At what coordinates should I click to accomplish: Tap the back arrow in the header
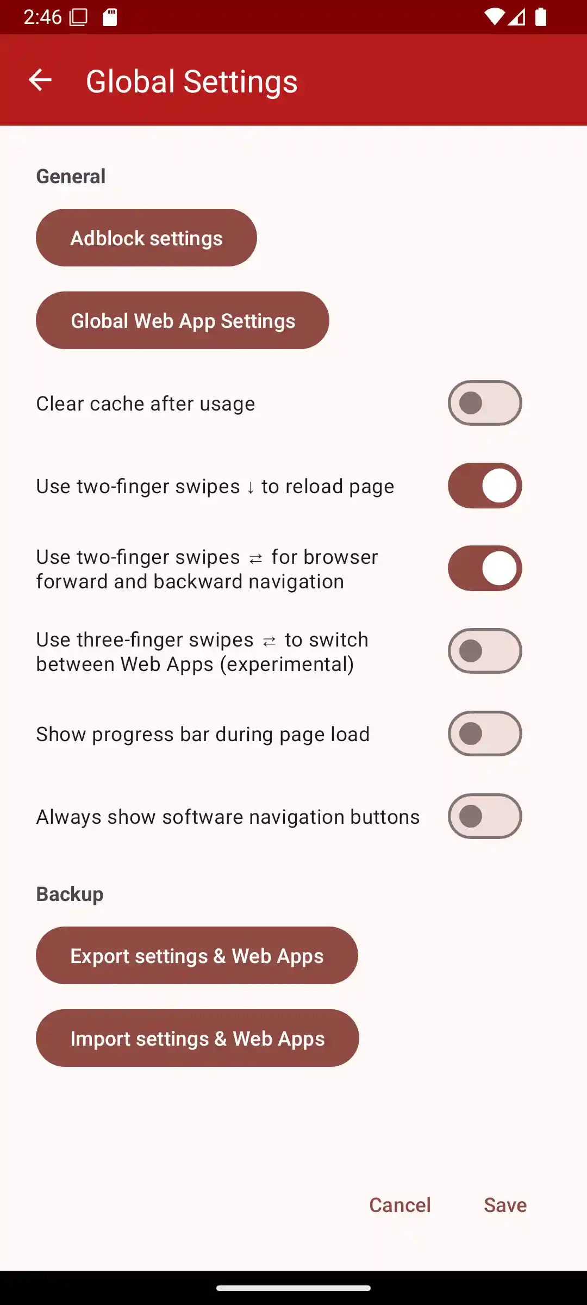40,80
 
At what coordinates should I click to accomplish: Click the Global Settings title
192,82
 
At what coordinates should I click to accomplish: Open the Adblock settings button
146,238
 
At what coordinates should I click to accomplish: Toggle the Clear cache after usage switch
485,403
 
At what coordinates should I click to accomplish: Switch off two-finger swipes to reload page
485,486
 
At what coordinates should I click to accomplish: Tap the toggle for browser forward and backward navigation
485,568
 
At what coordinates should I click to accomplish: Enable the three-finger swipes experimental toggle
485,651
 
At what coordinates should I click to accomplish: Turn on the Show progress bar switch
485,734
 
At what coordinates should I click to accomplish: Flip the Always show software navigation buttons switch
485,816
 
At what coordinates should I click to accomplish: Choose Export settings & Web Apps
197,955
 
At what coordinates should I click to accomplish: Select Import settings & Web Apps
197,1038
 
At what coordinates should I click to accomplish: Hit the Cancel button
400,1205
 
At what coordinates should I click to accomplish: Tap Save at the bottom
505,1205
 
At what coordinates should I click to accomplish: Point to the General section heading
71,176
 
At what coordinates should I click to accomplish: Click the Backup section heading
70,894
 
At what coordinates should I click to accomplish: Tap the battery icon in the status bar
541,17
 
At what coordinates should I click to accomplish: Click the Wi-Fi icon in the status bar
495,17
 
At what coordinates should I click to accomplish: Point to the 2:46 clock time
42,17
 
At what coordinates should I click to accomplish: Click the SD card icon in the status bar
110,17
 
